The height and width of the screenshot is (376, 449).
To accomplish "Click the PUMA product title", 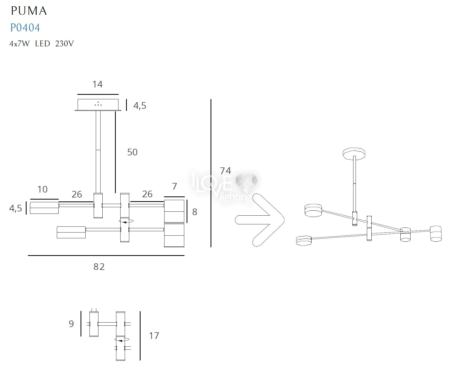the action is coord(29,11).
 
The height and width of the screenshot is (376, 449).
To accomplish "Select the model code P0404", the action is coord(25,28).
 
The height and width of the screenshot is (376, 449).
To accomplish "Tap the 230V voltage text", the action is coord(64,44).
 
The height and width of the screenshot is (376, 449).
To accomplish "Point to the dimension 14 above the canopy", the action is coord(97,84).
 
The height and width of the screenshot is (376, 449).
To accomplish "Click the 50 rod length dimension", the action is coord(132,152).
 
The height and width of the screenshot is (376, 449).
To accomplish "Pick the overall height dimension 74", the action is coord(226,171).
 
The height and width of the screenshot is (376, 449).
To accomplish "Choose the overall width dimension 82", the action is coord(99,267).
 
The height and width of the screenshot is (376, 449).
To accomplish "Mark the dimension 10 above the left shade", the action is coord(42,189).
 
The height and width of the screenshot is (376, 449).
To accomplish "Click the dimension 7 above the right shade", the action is coord(174,186).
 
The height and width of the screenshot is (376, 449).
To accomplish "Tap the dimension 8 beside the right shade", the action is coord(195,212).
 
